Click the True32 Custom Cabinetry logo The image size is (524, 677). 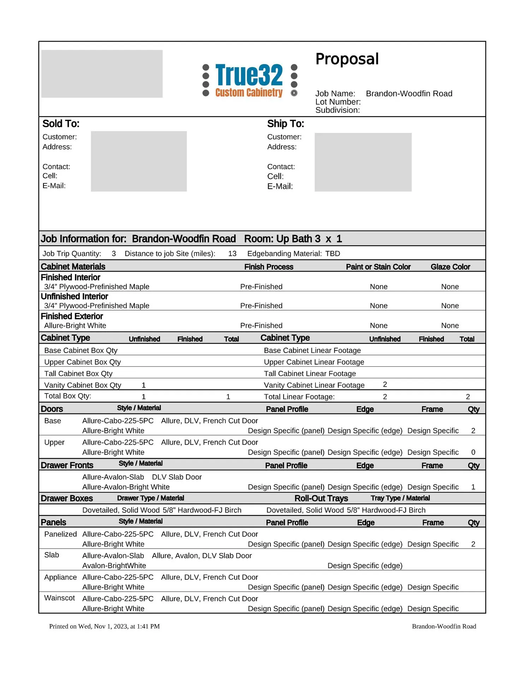point(249,80)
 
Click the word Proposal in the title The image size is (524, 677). point(347,59)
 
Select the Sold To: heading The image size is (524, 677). point(61,124)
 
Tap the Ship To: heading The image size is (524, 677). point(285,124)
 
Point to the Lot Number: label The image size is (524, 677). point(338,102)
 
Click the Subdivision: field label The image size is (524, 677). point(337,110)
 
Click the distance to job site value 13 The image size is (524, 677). point(232,254)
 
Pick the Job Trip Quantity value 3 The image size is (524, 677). point(114,254)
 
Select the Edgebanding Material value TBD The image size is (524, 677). point(333,254)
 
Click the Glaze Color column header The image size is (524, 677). point(450,267)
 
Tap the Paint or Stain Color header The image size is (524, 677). point(378,267)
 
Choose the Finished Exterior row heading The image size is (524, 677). point(72,316)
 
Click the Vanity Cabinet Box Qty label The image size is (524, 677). point(83,385)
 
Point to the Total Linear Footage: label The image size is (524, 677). point(299,397)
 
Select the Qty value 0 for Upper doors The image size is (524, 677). point(473,452)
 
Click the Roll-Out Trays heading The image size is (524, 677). point(321,498)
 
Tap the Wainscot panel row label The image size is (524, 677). point(59,598)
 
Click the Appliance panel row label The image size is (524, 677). point(60,577)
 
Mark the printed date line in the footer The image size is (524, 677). point(105,626)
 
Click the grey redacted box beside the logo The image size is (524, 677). point(102,74)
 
